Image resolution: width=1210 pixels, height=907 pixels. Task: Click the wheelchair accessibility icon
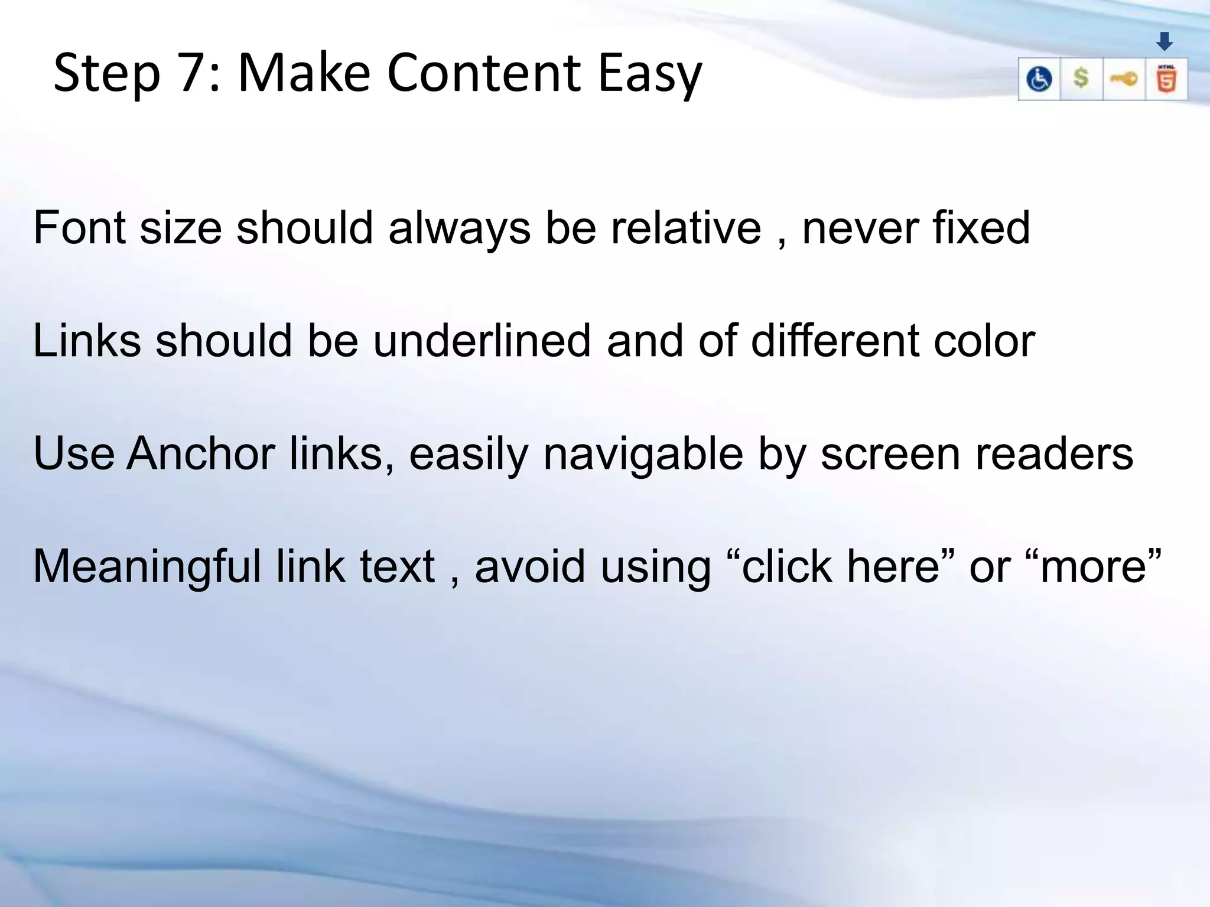1039,79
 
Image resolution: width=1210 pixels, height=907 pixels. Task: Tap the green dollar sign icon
1081,78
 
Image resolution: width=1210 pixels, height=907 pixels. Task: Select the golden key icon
1124,79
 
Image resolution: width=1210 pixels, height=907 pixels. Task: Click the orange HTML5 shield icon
1166,79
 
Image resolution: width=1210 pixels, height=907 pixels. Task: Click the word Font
79,227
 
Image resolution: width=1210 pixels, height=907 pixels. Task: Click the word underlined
482,341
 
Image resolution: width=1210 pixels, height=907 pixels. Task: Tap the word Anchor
201,453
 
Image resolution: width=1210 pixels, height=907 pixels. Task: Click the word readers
1054,453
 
